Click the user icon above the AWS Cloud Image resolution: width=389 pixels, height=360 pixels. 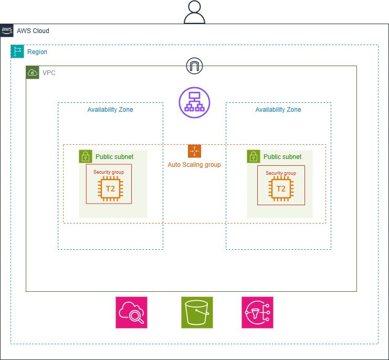point(194,12)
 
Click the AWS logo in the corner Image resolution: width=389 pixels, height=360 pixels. point(7,30)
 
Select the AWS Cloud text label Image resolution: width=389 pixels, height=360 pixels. point(33,31)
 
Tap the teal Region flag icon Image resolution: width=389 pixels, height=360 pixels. point(17,51)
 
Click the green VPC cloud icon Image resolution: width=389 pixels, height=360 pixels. point(33,72)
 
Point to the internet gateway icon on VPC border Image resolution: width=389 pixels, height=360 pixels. point(194,66)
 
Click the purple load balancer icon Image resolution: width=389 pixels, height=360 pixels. point(194,102)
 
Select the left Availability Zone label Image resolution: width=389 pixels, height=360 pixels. point(110,110)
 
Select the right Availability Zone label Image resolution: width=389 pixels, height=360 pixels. point(278,110)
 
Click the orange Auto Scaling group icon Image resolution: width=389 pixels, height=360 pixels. point(194,151)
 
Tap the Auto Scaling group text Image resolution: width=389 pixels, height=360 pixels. point(194,165)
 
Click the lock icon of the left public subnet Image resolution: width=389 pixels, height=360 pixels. point(86,156)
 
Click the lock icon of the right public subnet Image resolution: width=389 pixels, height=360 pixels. point(254,156)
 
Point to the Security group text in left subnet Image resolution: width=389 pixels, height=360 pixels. point(109,172)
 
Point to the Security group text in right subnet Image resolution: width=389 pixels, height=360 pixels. point(281,173)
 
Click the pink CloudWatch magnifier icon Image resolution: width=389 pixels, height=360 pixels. point(131,312)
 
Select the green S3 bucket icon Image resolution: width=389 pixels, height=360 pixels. point(197,312)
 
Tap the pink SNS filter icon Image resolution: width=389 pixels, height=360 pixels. point(257,312)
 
